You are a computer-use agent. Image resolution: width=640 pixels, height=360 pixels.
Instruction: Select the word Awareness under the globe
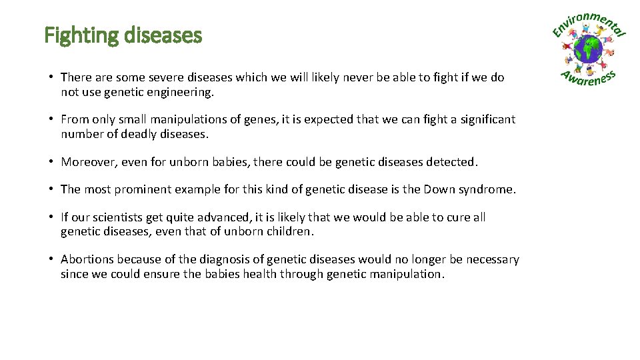pos(589,77)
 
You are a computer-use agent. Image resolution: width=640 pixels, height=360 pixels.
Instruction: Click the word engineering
pos(182,93)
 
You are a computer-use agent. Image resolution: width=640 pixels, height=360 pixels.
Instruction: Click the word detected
pos(455,162)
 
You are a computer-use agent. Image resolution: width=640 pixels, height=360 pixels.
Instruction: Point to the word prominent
pos(143,189)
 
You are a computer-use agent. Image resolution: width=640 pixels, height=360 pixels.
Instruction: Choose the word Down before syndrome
pos(437,189)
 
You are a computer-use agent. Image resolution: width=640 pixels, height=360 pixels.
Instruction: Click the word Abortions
pos(87,259)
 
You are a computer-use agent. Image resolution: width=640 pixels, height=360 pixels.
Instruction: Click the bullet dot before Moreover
pos(51,162)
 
